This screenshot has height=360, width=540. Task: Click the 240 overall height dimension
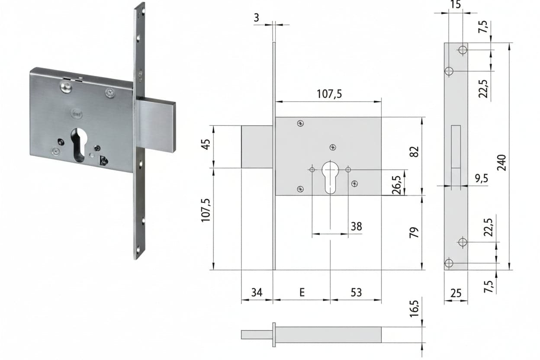(502, 163)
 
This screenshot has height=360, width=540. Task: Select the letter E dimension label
(302, 292)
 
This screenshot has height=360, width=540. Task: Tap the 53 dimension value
(356, 292)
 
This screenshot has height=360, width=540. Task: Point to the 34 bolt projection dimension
(257, 292)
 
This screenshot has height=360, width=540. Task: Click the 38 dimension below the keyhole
(356, 226)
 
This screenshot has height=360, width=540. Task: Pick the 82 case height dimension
(414, 152)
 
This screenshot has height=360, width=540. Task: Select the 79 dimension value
(414, 232)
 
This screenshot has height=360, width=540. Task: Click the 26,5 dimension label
(396, 185)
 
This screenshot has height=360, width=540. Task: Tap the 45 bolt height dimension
(206, 145)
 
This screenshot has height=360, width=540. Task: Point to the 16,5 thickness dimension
(414, 309)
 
